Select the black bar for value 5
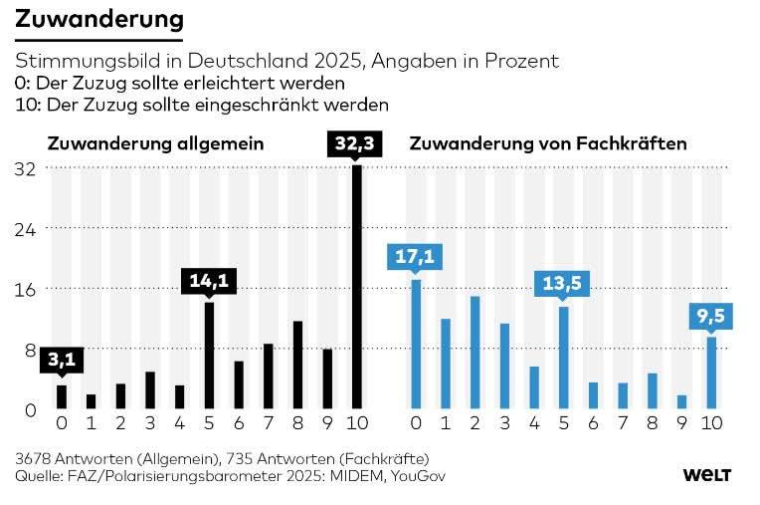(x=209, y=355)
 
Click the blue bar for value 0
(x=417, y=345)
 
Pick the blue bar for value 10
(x=711, y=373)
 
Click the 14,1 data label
(x=209, y=282)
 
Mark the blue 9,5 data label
(x=711, y=317)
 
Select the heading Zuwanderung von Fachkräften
(x=548, y=143)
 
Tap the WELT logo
(x=708, y=476)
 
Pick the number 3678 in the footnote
(x=36, y=458)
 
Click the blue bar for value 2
(x=475, y=353)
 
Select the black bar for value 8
(x=297, y=365)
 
